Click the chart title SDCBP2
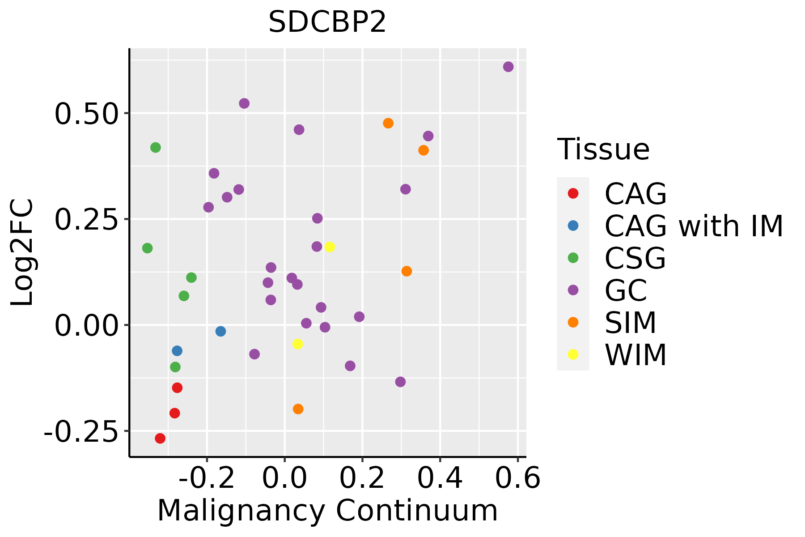[x=327, y=22]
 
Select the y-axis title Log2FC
[x=22, y=253]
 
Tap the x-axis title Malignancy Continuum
[x=327, y=511]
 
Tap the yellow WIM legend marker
[x=573, y=354]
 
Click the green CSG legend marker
[x=573, y=258]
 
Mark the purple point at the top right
[x=508, y=67]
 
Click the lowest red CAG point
[x=160, y=438]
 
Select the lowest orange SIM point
[x=298, y=409]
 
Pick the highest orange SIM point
[x=388, y=123]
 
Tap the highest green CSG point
[x=155, y=147]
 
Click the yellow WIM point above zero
[x=330, y=247]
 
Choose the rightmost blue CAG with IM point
[x=220, y=331]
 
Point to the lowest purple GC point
[x=400, y=382]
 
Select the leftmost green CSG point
[x=147, y=248]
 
